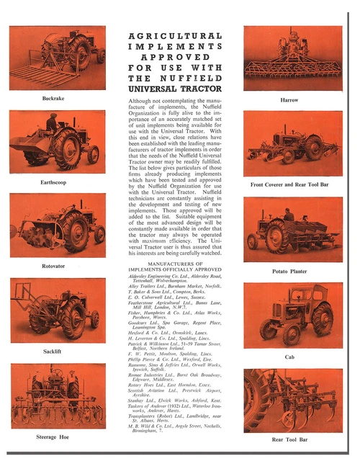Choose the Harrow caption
(289, 99)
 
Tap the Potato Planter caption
(289, 271)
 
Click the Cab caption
(289, 357)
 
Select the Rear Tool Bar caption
(289, 439)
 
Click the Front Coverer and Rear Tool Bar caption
(289, 184)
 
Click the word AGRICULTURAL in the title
(175, 35)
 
